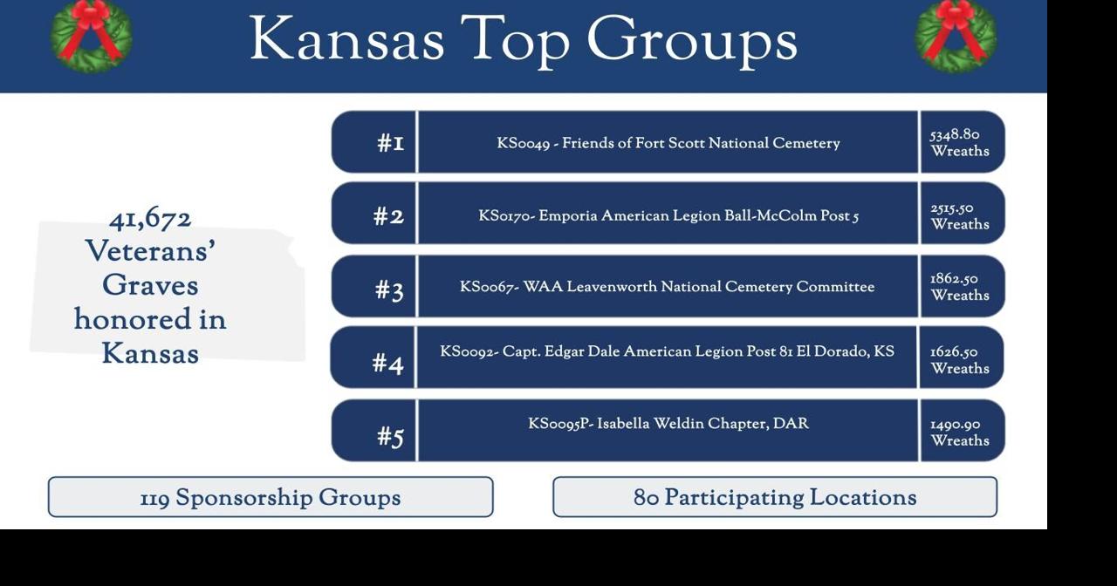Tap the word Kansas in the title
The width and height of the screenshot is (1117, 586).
pos(347,40)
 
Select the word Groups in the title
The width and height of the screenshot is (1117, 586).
pos(691,40)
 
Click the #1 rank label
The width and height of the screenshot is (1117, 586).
pos(390,143)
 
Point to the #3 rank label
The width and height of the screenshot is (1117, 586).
pos(390,290)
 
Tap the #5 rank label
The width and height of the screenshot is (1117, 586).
pos(390,435)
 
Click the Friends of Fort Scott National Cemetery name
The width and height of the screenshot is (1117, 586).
pos(668,143)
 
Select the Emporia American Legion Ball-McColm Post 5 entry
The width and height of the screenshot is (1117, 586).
pos(668,215)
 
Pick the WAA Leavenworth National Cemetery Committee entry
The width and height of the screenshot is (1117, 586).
pos(668,287)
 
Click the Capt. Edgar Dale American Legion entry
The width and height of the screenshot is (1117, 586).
pos(668,351)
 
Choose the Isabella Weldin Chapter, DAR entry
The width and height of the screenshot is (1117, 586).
pos(668,424)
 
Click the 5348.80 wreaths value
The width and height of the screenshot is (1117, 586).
pos(959,143)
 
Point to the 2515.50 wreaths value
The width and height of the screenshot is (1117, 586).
pos(959,216)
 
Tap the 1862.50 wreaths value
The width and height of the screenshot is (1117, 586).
pos(959,287)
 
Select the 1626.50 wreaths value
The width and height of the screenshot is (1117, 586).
pos(959,360)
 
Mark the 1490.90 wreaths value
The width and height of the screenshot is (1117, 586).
pos(959,433)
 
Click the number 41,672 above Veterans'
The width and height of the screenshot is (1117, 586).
pos(150,218)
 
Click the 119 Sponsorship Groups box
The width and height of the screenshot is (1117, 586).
pos(271,497)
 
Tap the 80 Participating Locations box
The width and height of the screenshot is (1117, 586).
pos(775,497)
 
